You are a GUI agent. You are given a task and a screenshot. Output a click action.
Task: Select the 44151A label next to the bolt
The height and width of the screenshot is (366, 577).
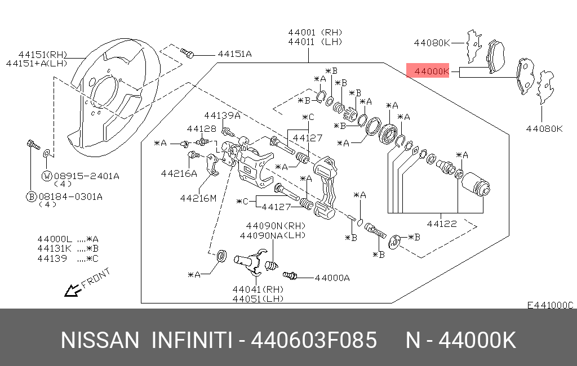pyautogui.click(x=234, y=54)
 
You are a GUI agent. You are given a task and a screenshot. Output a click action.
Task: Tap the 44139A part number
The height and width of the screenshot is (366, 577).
pyautogui.click(x=222, y=115)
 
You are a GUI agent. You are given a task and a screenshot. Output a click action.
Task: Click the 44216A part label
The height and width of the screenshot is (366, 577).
pyautogui.click(x=179, y=173)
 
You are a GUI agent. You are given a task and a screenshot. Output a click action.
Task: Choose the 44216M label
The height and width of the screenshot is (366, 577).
pyautogui.click(x=198, y=198)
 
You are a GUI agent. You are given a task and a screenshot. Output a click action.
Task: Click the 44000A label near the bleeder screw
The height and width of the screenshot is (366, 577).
pyautogui.click(x=332, y=277)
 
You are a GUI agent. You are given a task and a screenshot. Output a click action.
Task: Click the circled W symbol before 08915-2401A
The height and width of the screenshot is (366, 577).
pyautogui.click(x=47, y=176)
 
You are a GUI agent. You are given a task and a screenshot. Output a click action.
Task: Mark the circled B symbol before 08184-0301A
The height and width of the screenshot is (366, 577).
pyautogui.click(x=33, y=197)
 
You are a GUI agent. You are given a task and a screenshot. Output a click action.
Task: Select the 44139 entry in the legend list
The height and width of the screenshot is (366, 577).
pyautogui.click(x=52, y=258)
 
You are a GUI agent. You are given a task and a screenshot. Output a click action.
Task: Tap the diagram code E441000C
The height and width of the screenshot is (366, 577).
pyautogui.click(x=549, y=305)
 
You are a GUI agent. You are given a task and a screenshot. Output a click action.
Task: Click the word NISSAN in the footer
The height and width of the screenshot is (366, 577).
pyautogui.click(x=99, y=341)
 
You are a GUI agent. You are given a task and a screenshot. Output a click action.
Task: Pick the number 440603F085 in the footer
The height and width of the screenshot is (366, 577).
pyautogui.click(x=313, y=341)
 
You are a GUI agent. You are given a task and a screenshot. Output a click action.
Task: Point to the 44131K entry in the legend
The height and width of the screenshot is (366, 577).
pyautogui.click(x=54, y=248)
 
